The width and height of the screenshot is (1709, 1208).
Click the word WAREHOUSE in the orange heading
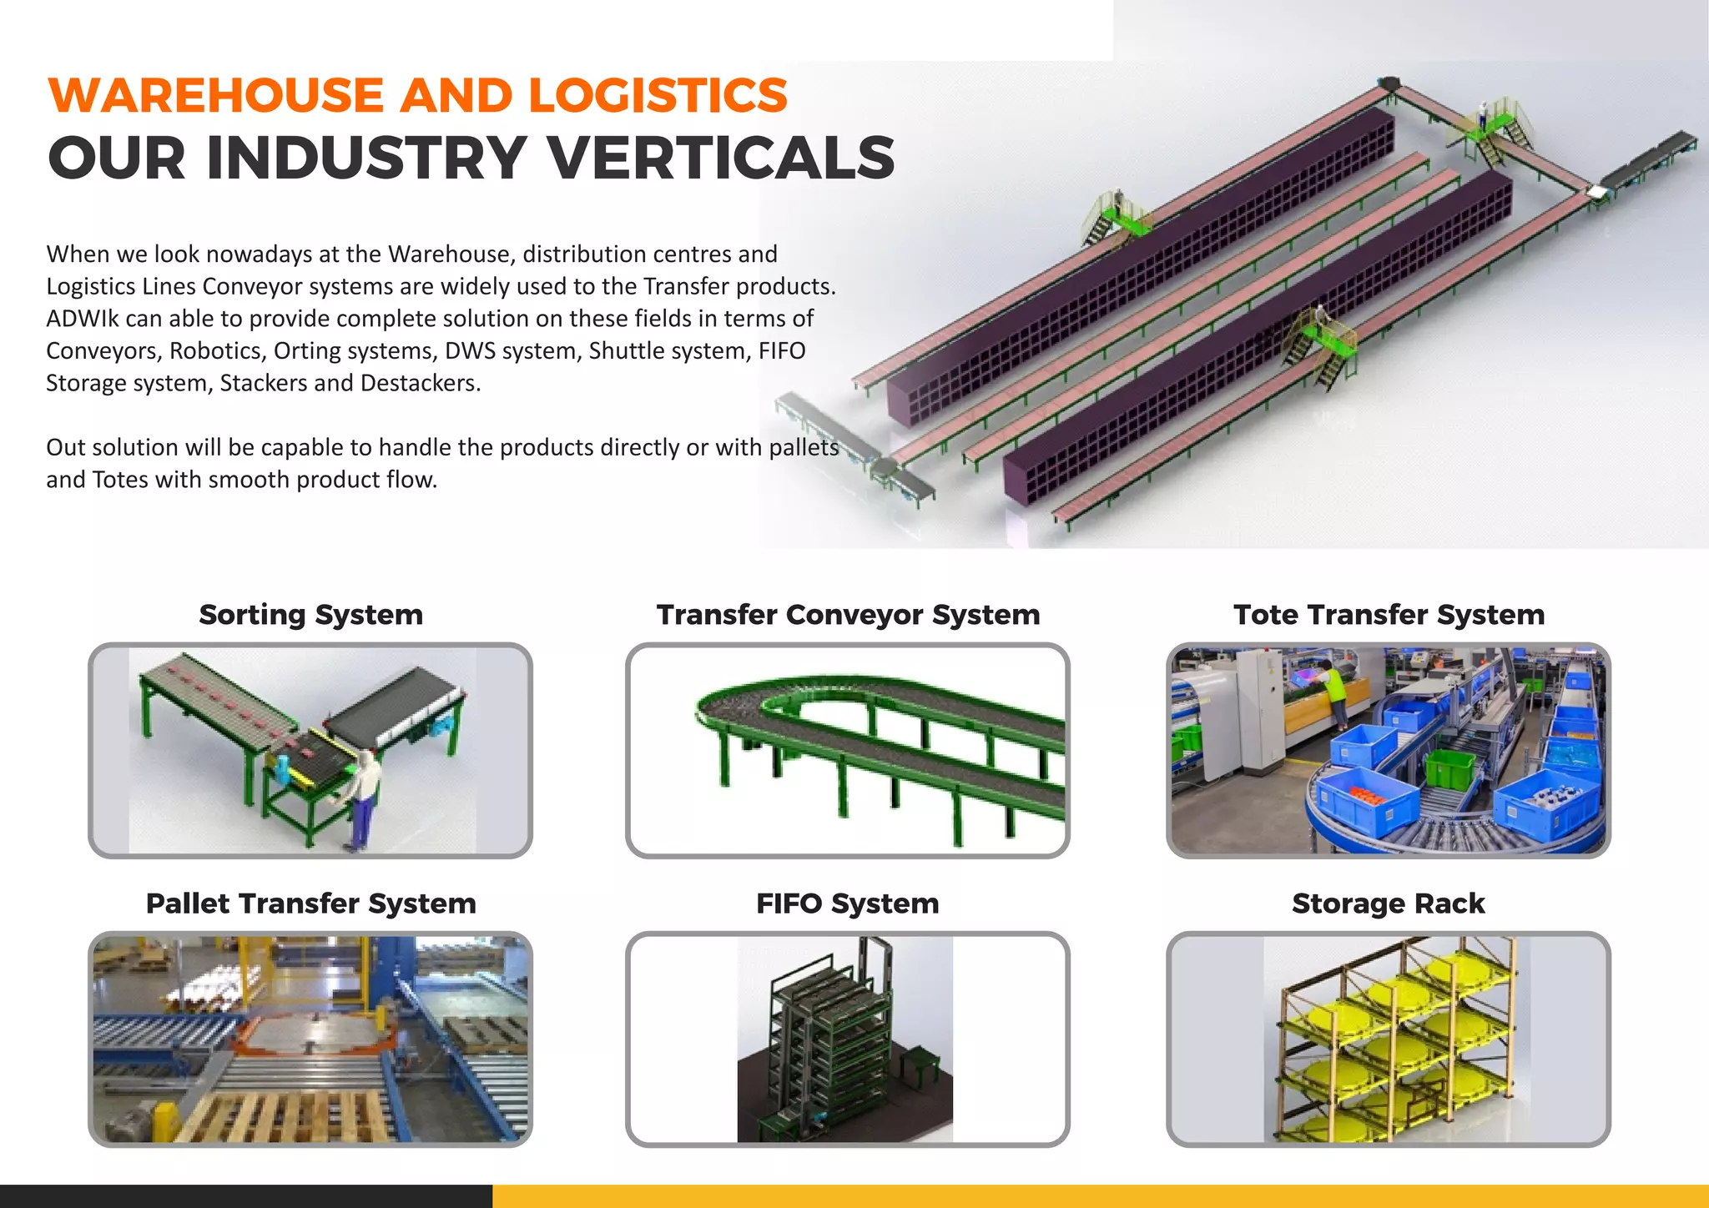tap(216, 95)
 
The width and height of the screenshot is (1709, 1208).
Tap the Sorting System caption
tap(310, 615)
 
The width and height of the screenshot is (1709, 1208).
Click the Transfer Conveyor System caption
tap(848, 615)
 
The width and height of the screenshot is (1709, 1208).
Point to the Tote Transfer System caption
tap(1389, 615)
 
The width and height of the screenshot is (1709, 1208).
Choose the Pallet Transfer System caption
tap(310, 903)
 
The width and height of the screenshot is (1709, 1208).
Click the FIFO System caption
tap(848, 903)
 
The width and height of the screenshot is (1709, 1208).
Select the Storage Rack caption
tap(1389, 903)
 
